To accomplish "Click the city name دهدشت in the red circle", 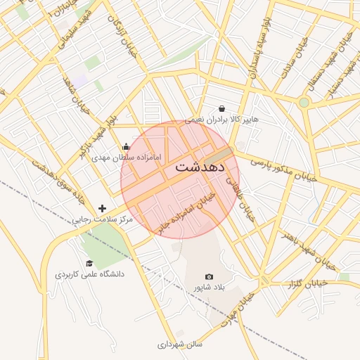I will (199, 167).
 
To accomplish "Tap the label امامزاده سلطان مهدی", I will (132, 157).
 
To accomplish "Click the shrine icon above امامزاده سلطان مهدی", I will (126, 146).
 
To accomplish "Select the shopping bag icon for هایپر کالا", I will (222, 109).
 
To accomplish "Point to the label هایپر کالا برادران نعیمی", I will (221, 120).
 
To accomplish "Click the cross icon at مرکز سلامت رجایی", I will (103, 208).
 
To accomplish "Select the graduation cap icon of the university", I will (89, 263).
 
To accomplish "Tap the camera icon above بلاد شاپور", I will (209, 277).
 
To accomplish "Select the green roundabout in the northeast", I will (304, 103).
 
